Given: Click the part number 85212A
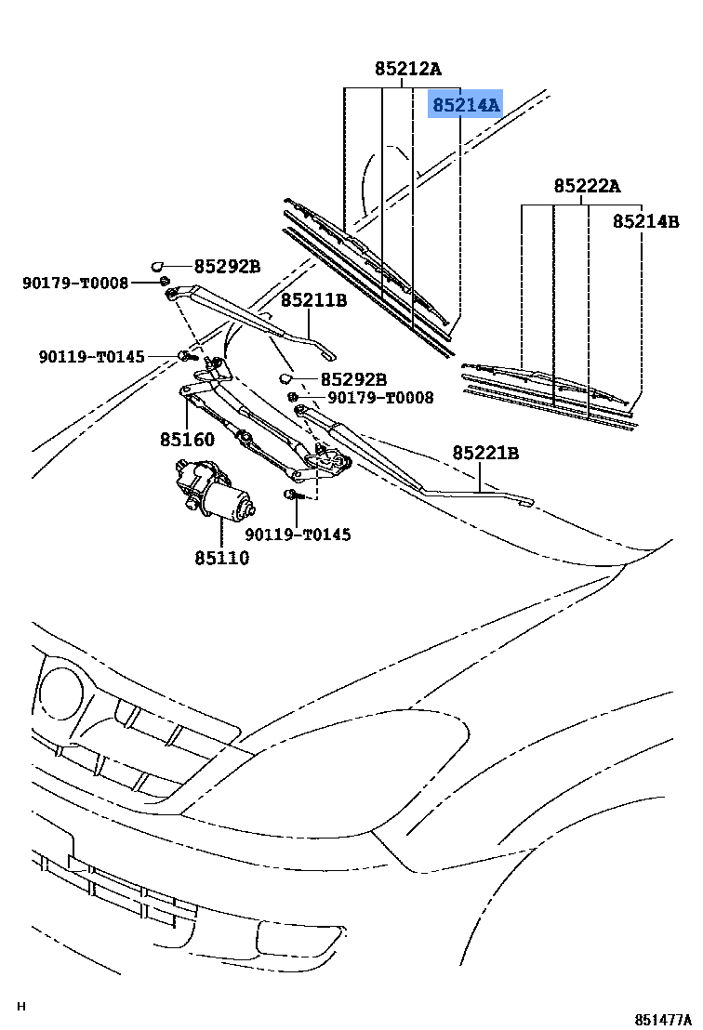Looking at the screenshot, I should [x=408, y=69].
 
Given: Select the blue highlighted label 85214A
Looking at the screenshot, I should [x=465, y=104].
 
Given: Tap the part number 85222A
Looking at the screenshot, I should [x=587, y=187].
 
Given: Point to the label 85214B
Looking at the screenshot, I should [x=645, y=222].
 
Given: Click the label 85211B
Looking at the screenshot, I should [x=313, y=300].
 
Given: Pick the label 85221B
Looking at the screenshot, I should [x=485, y=454].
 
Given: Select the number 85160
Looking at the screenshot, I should [x=186, y=440].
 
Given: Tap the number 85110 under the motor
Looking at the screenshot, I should [x=221, y=558].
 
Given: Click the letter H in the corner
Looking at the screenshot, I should [x=21, y=1007].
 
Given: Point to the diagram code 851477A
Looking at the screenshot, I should [x=664, y=1019].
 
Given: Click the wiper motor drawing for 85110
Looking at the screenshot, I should [x=212, y=490].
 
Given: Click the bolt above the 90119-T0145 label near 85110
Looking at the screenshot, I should [x=291, y=494].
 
